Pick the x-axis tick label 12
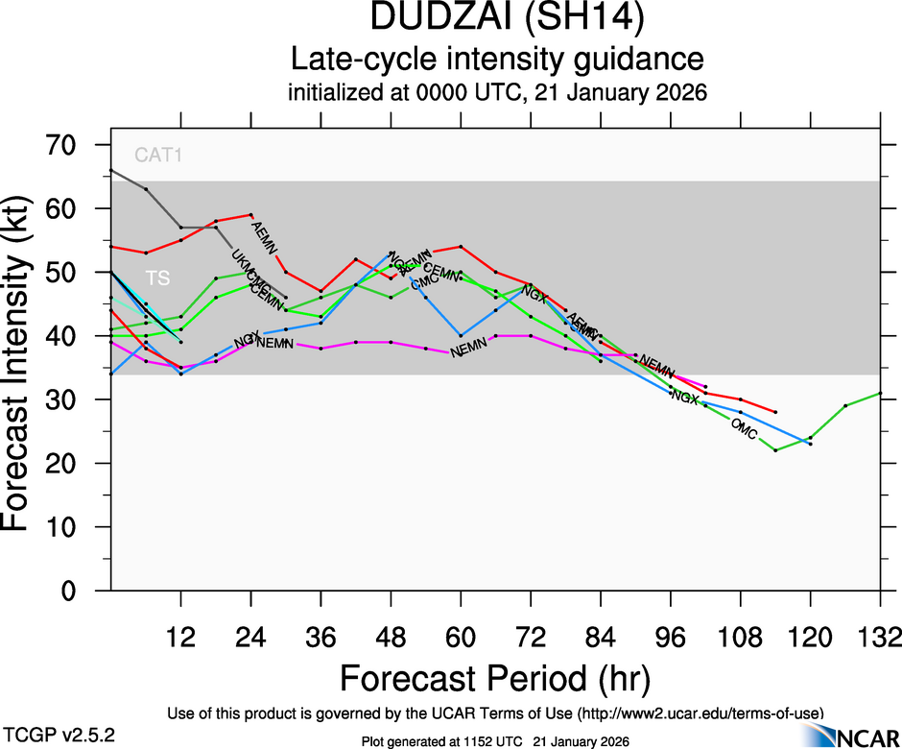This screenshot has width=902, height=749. [180, 637]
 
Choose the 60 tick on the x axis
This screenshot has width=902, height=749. [461, 637]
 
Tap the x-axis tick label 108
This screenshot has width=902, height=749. [740, 637]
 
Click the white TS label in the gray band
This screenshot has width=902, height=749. [158, 278]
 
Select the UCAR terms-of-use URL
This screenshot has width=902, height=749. [699, 713]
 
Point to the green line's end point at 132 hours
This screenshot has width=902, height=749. [881, 393]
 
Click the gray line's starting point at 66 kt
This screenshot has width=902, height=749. [111, 170]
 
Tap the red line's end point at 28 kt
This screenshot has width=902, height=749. [775, 412]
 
